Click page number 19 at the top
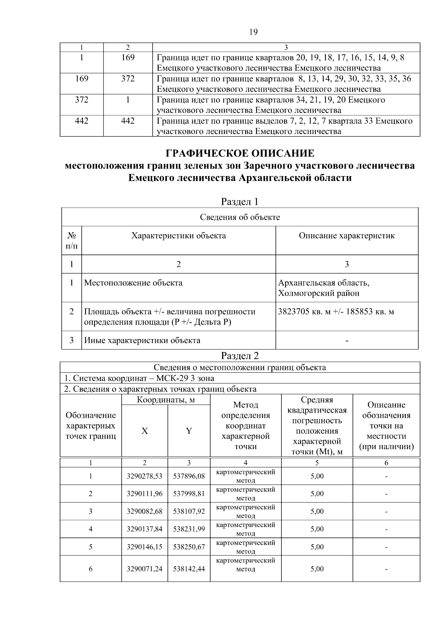pyautogui.click(x=253, y=32)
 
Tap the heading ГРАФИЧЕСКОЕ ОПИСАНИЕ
pyautogui.click(x=240, y=153)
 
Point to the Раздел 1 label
pyautogui.click(x=240, y=202)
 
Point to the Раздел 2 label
pyautogui.click(x=240, y=356)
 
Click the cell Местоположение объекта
pyautogui.click(x=133, y=283)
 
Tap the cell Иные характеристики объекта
pyautogui.click(x=142, y=340)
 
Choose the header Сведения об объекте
pyautogui.click(x=240, y=217)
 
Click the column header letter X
pyautogui.click(x=144, y=431)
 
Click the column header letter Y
pyautogui.click(x=189, y=431)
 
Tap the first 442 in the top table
pyautogui.click(x=81, y=121)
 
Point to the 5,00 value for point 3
pyautogui.click(x=317, y=511)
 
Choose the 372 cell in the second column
pyautogui.click(x=128, y=79)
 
